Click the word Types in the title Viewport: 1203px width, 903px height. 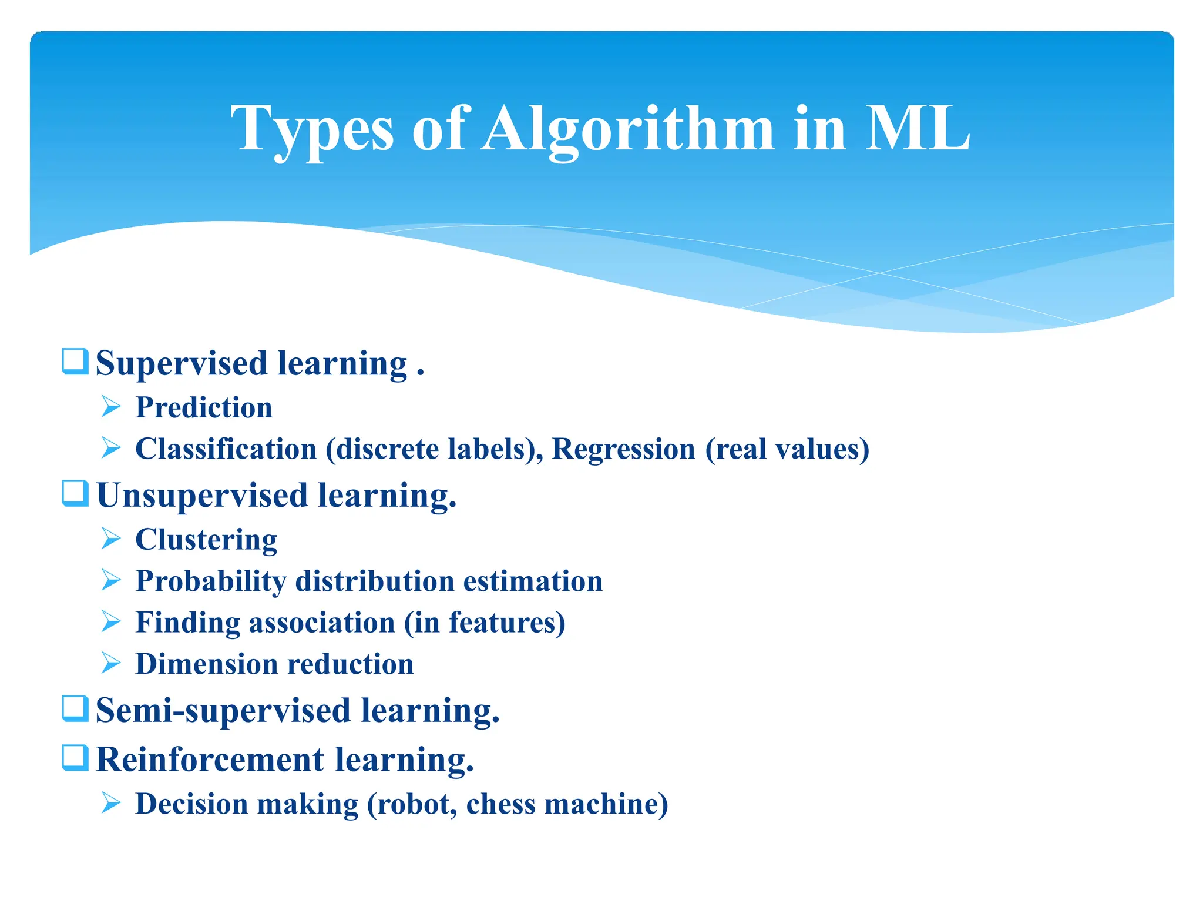[311, 129]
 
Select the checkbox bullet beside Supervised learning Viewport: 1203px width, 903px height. [75, 361]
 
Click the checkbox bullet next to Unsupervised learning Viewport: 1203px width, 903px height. [75, 493]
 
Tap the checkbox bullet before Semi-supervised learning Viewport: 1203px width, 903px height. [75, 708]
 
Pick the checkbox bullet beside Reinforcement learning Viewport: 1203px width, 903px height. [75, 757]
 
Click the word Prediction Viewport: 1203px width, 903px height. [204, 407]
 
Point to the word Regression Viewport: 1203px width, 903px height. [623, 449]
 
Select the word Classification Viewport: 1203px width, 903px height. [226, 449]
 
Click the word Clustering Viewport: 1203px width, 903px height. [206, 540]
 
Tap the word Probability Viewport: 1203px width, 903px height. [211, 581]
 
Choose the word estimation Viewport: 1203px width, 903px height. [533, 581]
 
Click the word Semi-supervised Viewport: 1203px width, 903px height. [223, 711]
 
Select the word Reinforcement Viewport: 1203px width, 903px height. [210, 760]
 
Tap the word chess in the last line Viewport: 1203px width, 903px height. [500, 804]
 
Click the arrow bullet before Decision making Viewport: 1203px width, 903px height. [110, 802]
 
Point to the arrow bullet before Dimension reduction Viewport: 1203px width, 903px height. [110, 663]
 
